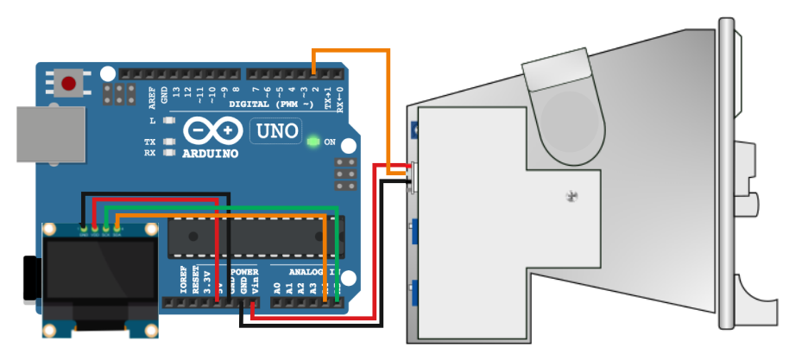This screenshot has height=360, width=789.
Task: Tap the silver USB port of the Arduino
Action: coord(51,134)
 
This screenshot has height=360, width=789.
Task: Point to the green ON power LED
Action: coord(312,140)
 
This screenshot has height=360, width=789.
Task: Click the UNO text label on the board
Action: coord(275,132)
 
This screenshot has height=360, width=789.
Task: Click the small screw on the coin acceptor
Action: coord(570,197)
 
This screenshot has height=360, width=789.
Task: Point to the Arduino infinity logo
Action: coord(211,131)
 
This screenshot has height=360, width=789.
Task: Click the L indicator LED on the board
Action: coord(169,121)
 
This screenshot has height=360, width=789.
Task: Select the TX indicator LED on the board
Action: coord(169,141)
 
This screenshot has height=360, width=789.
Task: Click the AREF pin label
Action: coord(152,95)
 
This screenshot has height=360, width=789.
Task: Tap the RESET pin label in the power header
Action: coord(195,282)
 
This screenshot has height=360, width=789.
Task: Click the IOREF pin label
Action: coord(183,282)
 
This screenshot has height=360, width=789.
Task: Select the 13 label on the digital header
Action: coord(176,92)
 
